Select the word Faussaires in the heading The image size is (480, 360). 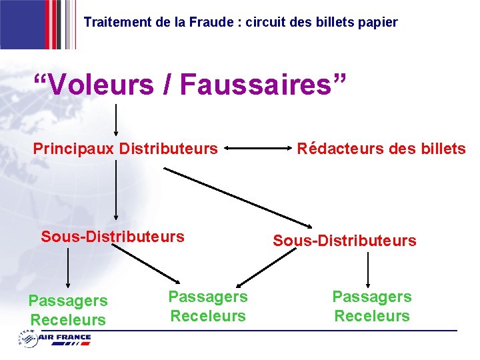point(263,85)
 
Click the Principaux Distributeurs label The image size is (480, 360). point(125,148)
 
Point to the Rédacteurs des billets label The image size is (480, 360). point(381,149)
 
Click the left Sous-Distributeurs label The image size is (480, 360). point(113,236)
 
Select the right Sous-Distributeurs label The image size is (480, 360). point(345,241)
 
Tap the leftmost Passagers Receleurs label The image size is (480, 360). point(67,311)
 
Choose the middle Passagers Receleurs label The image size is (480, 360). point(208,306)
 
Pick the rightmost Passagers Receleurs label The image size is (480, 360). point(372,306)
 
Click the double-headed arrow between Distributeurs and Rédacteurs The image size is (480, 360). point(257,148)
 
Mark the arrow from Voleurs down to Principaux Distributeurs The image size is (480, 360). point(117,120)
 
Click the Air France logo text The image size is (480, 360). point(65,338)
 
